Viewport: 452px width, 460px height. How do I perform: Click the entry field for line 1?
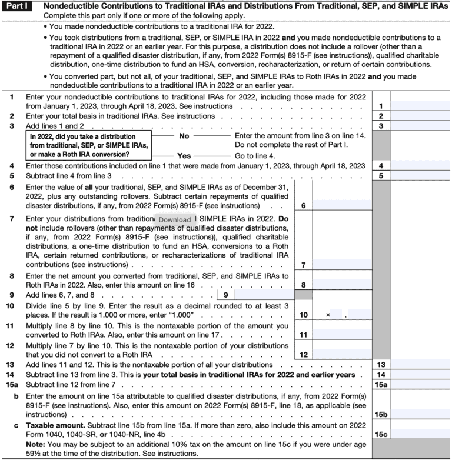point(420,106)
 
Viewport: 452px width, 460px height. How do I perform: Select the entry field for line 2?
point(420,116)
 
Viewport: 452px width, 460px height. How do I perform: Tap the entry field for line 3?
point(420,126)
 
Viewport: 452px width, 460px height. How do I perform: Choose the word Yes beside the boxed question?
point(184,156)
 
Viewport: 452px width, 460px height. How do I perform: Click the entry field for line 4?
point(420,166)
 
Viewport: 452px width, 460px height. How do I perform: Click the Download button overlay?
point(175,219)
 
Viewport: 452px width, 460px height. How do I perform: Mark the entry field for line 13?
point(420,364)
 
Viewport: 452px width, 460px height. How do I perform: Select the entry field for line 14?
point(420,374)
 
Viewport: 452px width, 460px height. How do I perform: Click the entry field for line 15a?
point(420,384)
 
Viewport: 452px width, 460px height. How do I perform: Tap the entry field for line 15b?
point(420,414)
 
